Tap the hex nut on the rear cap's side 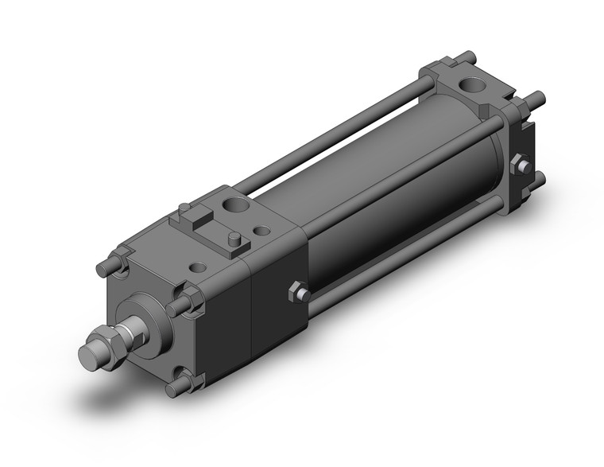521,165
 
